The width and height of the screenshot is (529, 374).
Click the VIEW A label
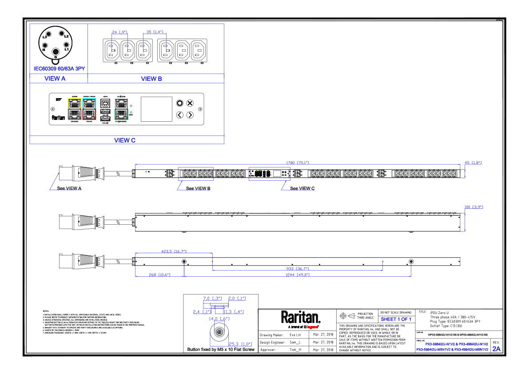(x=55, y=79)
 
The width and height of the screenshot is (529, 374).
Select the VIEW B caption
(x=151, y=79)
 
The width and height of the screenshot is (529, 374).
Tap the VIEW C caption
(x=125, y=140)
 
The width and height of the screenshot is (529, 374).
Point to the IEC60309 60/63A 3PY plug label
(x=60, y=69)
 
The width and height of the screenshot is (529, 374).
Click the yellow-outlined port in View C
(x=74, y=103)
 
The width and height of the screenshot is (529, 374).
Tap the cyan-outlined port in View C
(x=89, y=103)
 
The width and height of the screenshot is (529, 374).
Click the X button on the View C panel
(x=190, y=103)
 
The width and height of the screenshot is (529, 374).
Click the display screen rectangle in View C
(x=156, y=109)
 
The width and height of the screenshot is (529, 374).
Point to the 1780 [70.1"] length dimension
(x=298, y=163)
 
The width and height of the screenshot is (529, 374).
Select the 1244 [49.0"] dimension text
(x=298, y=275)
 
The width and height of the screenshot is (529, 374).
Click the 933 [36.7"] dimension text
(x=297, y=269)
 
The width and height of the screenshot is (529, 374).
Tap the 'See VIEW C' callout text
(x=302, y=188)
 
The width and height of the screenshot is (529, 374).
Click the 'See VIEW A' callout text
(x=69, y=188)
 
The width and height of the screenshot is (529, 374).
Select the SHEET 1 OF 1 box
(x=396, y=319)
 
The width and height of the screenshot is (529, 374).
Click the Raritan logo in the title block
(x=300, y=318)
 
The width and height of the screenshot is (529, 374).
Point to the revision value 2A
(x=496, y=349)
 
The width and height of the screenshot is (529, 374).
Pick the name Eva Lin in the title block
(x=295, y=334)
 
